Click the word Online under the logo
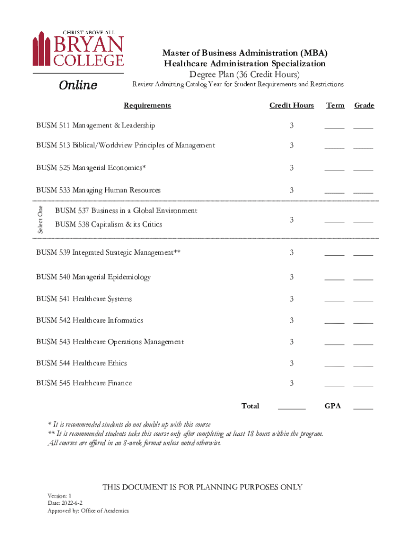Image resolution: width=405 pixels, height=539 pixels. (78, 85)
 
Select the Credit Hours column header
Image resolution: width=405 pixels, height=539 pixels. (291, 105)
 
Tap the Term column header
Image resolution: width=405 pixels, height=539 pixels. (335, 105)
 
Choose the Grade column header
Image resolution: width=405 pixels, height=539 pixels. (364, 105)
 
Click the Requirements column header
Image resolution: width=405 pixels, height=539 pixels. (147, 105)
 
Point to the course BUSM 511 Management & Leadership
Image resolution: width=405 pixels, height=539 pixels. (95, 125)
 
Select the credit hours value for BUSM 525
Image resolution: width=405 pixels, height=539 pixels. (291, 168)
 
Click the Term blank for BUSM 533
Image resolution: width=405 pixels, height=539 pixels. (334, 192)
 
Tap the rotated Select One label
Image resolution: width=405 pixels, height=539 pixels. (40, 219)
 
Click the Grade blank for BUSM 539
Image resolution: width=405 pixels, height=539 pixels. (363, 255)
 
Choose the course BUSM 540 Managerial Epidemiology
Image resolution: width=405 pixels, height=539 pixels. (93, 277)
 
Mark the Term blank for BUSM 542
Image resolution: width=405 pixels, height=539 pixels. (334, 322)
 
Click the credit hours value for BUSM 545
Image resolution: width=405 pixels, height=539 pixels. (291, 383)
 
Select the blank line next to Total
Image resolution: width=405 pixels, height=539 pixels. (291, 408)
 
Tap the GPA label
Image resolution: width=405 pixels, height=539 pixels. (332, 406)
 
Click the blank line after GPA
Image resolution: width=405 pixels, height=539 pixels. (363, 408)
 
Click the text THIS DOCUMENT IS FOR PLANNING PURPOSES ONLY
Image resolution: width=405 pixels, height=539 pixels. (202, 487)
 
